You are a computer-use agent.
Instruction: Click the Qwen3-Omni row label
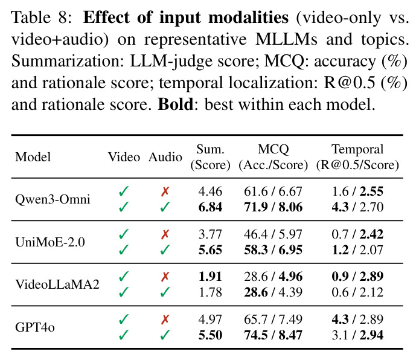tap(53, 199)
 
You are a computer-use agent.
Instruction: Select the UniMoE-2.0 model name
tap(50, 242)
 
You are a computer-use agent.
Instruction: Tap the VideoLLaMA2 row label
tap(57, 284)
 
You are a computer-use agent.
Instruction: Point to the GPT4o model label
tap(35, 327)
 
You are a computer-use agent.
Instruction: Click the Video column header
tap(124, 157)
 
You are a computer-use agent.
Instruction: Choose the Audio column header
tap(165, 157)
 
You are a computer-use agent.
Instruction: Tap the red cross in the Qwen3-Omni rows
tap(165, 191)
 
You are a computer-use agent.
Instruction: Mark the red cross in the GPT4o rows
tap(165, 319)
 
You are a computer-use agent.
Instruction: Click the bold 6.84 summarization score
tap(210, 207)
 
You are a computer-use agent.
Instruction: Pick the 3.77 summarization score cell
tap(210, 234)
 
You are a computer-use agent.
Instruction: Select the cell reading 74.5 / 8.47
tap(273, 335)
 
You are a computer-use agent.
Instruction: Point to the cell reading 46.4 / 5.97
tap(273, 234)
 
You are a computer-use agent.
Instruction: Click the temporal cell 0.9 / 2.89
tap(357, 277)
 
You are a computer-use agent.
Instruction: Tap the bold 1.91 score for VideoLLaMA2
tap(210, 277)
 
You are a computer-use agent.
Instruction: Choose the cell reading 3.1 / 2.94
tap(357, 335)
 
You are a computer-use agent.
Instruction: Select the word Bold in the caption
tap(176, 104)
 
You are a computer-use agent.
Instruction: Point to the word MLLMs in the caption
tap(286, 39)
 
